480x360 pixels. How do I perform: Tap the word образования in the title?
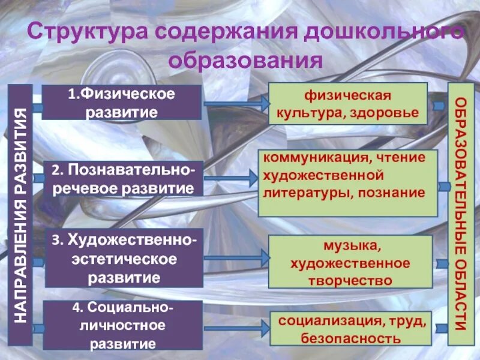point(246,61)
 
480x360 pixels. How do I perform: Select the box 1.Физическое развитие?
point(121,102)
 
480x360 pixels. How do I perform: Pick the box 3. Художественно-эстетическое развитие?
point(124,259)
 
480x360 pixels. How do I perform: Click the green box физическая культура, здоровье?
point(347,103)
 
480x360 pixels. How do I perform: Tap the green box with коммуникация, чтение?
point(347,182)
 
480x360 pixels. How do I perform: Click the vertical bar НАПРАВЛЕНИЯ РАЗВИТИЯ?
point(20,215)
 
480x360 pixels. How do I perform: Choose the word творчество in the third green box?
point(349,280)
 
